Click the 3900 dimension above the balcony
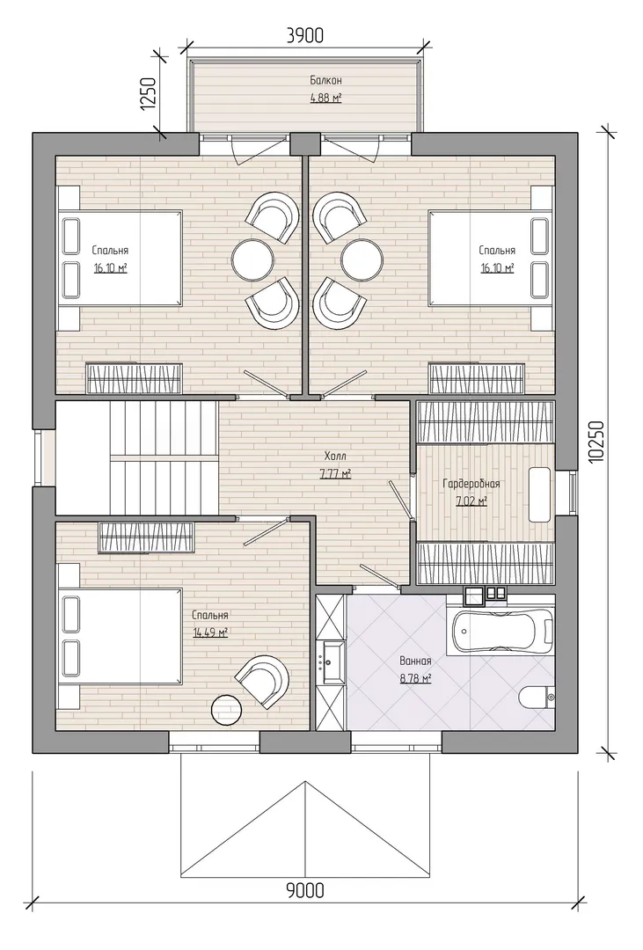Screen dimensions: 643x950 [x=305, y=36]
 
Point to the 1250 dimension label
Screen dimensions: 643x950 [x=149, y=94]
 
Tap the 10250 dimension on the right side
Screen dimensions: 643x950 [x=596, y=442]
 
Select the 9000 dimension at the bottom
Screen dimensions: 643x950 [x=305, y=890]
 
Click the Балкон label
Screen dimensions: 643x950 [x=326, y=80]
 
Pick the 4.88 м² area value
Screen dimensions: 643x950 [x=326, y=99]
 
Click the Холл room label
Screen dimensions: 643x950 [x=335, y=456]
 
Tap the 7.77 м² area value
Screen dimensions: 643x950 [x=335, y=474]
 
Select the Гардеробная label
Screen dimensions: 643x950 [x=471, y=484]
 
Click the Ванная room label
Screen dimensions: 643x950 [x=415, y=661]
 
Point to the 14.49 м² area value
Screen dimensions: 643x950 [x=210, y=633]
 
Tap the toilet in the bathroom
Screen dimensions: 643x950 [x=537, y=697]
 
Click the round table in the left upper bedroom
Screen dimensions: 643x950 [x=252, y=259]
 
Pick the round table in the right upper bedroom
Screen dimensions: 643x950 [x=362, y=259]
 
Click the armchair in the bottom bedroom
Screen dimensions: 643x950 [x=263, y=681]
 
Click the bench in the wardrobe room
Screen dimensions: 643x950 [x=539, y=494]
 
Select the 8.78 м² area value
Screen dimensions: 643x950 [x=415, y=679]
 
